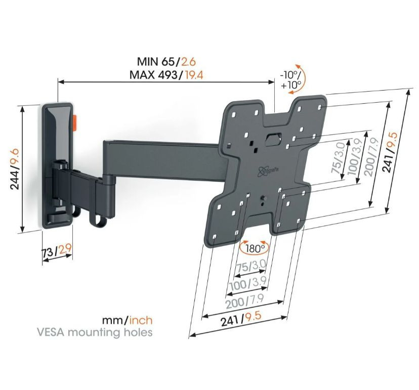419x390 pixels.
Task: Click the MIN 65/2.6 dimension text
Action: (166, 62)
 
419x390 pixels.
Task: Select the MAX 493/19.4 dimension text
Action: (166, 75)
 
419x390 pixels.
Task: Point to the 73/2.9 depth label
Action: (57, 249)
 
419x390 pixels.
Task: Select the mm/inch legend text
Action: (127, 320)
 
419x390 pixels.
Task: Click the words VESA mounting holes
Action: (94, 332)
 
